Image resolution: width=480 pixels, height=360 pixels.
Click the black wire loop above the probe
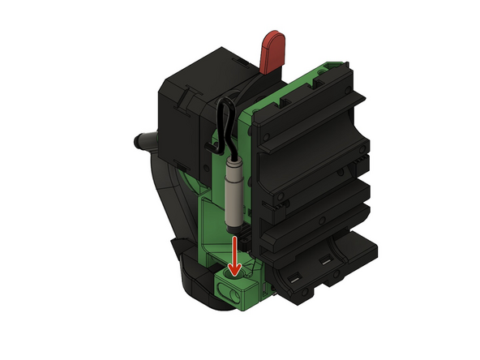(x=226, y=122)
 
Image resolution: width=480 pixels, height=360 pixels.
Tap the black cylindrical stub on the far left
(x=139, y=141)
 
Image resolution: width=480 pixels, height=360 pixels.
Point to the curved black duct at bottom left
(x=195, y=284)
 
